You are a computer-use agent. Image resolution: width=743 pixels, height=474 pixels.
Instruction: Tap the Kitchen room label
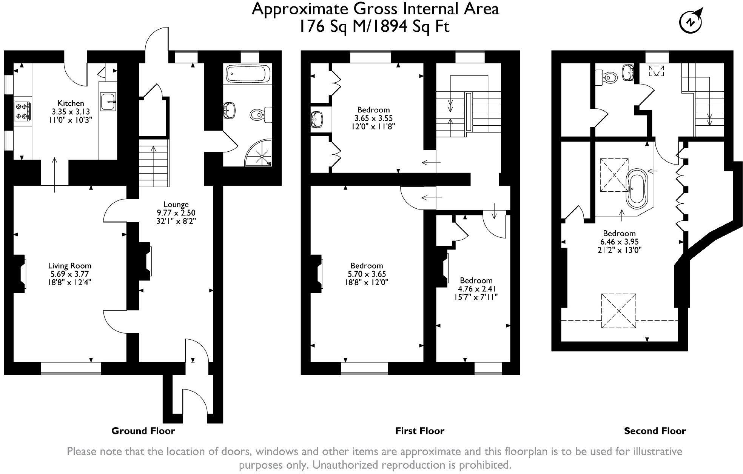(71, 103)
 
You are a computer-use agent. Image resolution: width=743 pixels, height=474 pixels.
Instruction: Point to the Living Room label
(70, 266)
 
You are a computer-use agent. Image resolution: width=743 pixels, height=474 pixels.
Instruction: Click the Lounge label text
(176, 205)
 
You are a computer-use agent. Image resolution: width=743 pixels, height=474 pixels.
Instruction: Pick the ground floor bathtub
(248, 74)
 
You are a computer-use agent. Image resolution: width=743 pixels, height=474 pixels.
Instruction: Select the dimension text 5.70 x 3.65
(366, 274)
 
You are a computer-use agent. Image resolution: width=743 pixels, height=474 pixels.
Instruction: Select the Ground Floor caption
(143, 431)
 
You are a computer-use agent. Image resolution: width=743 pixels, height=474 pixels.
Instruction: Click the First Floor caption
(419, 431)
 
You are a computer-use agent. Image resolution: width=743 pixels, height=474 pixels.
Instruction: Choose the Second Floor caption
(655, 431)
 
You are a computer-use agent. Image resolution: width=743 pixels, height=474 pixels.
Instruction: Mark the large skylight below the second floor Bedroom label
(618, 311)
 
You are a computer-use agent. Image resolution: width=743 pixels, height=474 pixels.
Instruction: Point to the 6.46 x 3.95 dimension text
(619, 242)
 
